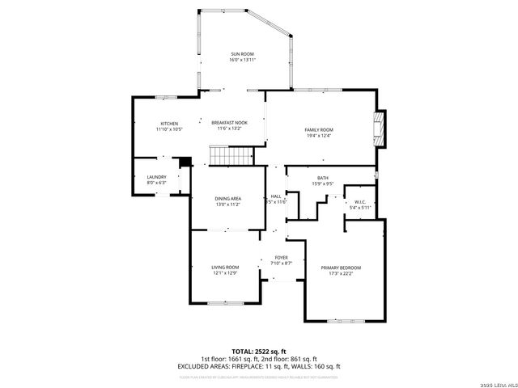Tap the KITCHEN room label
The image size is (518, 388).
[x=169, y=123]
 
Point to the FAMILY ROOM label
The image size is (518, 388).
[x=319, y=129]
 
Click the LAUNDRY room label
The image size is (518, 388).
[x=156, y=177]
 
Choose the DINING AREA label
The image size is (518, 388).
[x=228, y=198]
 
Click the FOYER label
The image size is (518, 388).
[x=281, y=257]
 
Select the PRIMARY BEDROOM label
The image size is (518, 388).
[x=341, y=268]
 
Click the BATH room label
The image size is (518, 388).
[x=323, y=178]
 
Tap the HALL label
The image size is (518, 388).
[x=276, y=196]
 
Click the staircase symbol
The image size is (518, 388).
[x=226, y=154]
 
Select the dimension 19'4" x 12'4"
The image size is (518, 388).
[x=319, y=135]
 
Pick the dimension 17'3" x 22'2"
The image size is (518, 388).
[x=341, y=273]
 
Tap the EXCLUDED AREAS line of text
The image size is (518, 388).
[x=259, y=366]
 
